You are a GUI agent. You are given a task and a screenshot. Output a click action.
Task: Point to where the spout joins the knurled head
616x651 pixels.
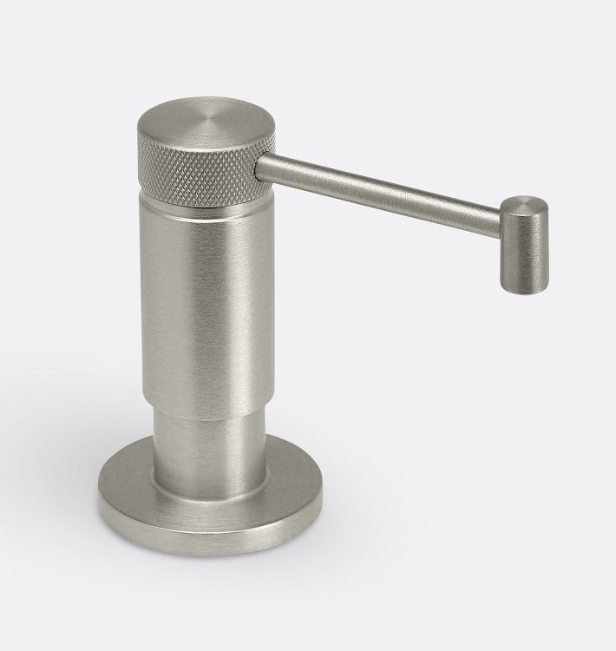coord(258,166)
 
